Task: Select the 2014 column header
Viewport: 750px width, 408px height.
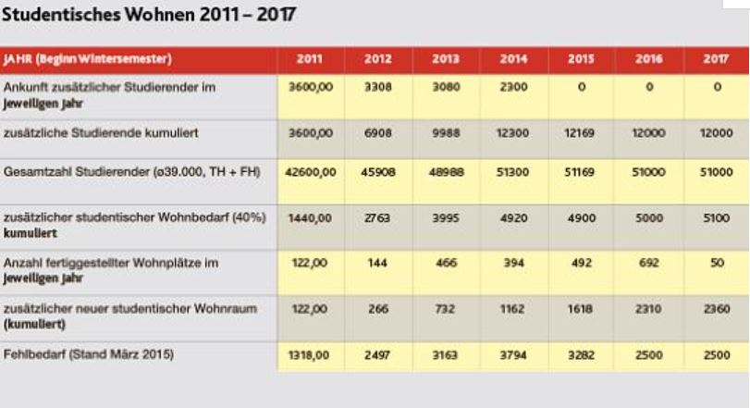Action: (513, 60)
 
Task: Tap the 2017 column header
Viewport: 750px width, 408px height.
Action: (715, 60)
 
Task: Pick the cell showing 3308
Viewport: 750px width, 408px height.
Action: (377, 87)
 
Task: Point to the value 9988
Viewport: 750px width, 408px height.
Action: (445, 133)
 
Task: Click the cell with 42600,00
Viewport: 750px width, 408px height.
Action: (311, 172)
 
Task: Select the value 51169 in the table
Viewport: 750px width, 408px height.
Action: (580, 172)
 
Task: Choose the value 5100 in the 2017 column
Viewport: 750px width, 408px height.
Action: (715, 218)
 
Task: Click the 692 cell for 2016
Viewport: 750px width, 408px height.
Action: (648, 264)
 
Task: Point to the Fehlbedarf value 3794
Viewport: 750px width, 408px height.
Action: (513, 355)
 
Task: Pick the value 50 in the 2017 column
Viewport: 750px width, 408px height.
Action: (715, 264)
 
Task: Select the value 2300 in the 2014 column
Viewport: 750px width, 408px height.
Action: (513, 87)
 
